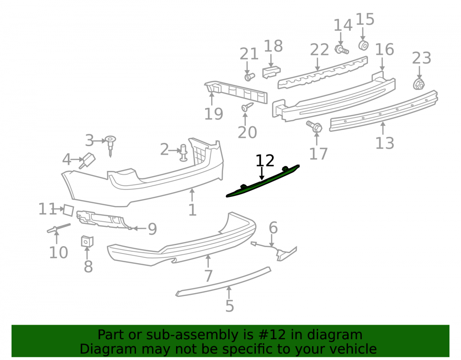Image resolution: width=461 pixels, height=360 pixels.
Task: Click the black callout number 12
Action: pos(265,161)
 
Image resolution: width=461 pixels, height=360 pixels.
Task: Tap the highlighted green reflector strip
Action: pos(263,181)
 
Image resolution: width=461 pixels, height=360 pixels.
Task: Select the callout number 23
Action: pos(421,58)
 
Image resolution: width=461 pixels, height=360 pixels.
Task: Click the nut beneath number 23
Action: pos(419,84)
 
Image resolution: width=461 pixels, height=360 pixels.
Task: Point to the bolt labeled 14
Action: pos(342,49)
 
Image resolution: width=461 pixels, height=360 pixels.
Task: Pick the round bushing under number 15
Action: pos(364,46)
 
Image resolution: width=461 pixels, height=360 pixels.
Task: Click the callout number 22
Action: pos(319,50)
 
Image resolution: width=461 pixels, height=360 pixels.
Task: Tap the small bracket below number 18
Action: pos(271,72)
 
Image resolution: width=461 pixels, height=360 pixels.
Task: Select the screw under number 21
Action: pos(249,77)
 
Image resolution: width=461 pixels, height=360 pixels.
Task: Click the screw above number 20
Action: pos(247,107)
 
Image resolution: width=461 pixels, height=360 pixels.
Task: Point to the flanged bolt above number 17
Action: pos(314,126)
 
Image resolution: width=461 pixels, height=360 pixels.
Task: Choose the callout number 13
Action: pos(384,143)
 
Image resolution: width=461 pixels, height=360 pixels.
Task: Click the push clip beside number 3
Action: pos(111,146)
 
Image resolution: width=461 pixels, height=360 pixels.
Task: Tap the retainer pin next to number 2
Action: pos(183,153)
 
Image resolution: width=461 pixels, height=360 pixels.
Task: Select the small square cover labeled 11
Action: pos(68,210)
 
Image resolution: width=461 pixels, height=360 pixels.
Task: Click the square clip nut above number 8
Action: pos(87,241)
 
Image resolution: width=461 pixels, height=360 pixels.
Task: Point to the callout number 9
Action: pos(152,229)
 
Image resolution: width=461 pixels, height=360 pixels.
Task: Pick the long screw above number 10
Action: pos(59,228)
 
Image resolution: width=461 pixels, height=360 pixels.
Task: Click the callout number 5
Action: pos(230,306)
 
